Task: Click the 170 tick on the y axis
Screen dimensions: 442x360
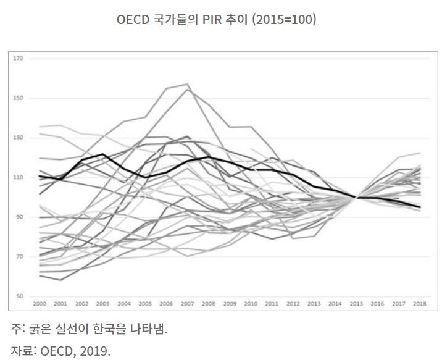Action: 18,59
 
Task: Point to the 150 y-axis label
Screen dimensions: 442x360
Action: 18,98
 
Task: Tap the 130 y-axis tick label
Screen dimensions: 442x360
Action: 18,138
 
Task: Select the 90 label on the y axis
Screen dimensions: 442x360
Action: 19,217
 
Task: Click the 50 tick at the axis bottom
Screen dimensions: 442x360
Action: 19,296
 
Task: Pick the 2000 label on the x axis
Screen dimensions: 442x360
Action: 40,304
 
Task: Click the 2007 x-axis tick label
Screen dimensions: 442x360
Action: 188,304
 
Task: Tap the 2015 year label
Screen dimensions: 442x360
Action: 356,304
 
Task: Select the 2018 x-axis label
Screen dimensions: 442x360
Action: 420,304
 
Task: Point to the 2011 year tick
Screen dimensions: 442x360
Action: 272,304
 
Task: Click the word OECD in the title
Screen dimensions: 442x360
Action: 133,20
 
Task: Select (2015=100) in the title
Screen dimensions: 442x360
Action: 284,20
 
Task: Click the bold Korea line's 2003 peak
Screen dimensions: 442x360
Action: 103,154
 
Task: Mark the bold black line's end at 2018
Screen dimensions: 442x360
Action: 420,207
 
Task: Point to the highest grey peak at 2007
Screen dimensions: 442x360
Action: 188,84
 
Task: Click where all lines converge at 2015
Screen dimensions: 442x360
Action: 356,198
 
